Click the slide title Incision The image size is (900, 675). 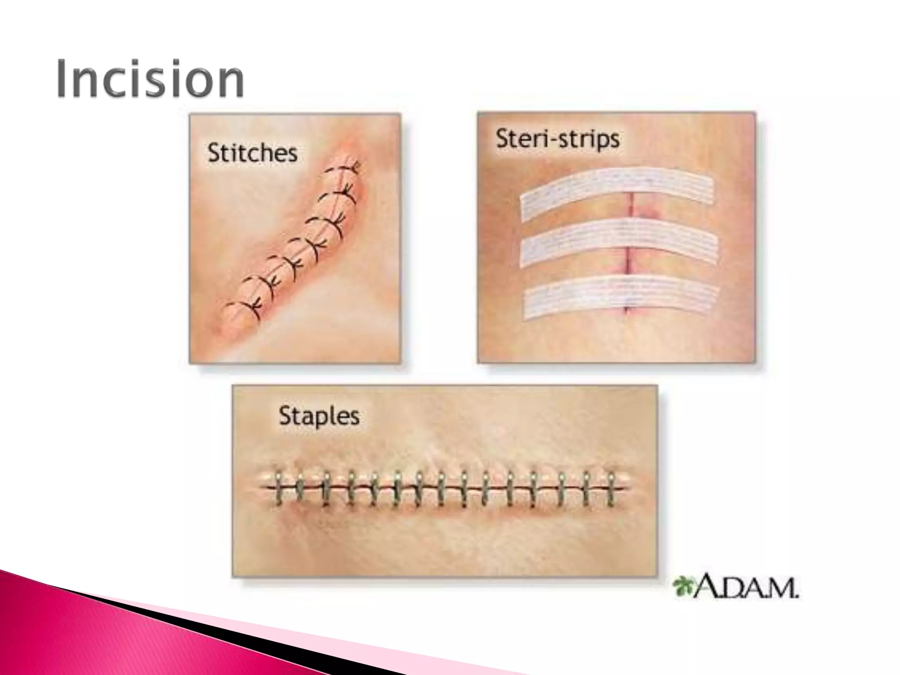pos(150,80)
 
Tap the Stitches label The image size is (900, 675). pos(252,153)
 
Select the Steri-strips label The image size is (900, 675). pos(558,139)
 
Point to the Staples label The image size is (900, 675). pos(319,416)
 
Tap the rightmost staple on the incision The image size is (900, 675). pos(611,489)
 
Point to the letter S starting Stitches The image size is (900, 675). pos(214,153)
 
